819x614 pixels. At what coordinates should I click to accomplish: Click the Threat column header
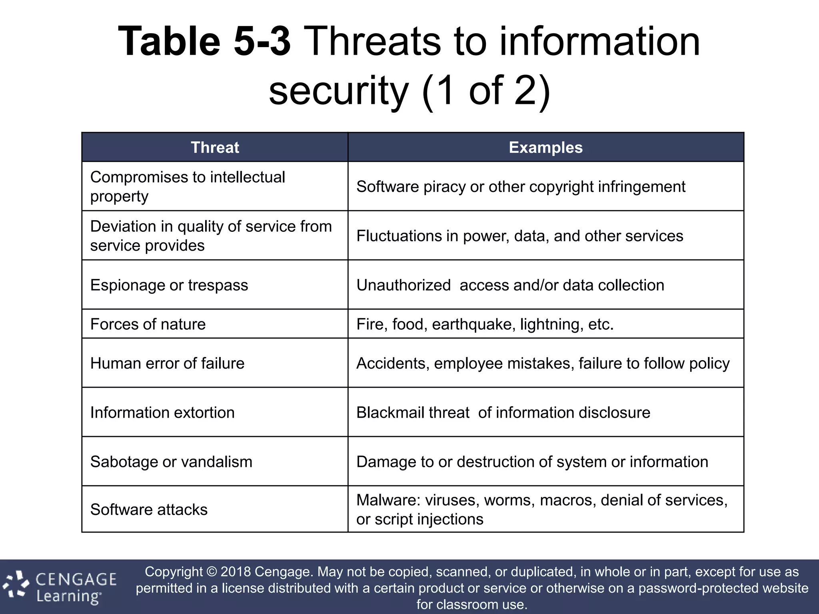click(x=215, y=148)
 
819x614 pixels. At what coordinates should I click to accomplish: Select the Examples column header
click(x=545, y=148)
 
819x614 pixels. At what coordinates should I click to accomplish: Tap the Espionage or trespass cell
click(x=169, y=285)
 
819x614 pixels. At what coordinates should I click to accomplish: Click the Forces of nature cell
click(x=148, y=324)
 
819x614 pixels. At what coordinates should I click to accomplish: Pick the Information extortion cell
click(x=162, y=413)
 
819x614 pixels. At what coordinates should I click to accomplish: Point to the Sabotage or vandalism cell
click(x=171, y=462)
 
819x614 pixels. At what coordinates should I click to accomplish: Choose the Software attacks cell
click(x=149, y=510)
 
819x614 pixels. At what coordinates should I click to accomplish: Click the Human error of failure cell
click(x=167, y=363)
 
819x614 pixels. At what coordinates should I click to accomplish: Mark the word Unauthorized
click(x=403, y=285)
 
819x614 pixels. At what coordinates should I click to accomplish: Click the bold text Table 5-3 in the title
click(x=204, y=42)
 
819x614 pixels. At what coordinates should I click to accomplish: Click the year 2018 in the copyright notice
click(x=236, y=572)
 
